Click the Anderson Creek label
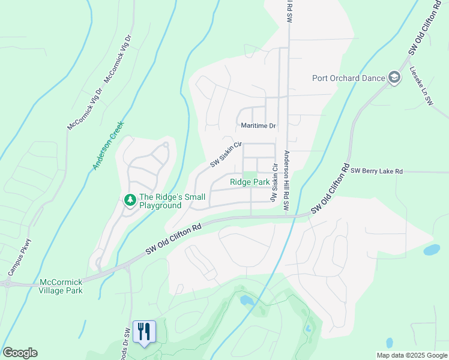coord(108,146)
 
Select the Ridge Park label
coord(250,181)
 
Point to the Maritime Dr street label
coord(258,126)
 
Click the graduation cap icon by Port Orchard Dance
coord(394,78)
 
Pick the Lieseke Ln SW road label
coord(421,86)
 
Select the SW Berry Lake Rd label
coord(384,172)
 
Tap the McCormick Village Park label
coord(61,286)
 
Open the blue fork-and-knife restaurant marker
coord(144,331)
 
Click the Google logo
coord(20,353)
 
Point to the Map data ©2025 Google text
coord(411,355)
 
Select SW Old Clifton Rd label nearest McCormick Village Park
coord(174,242)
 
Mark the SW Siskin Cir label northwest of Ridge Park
coord(225,155)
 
